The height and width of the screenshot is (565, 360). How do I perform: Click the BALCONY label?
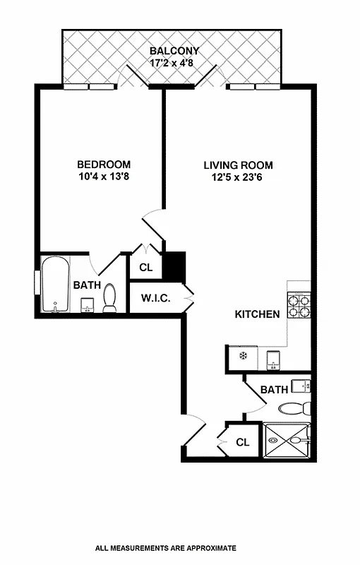(174, 51)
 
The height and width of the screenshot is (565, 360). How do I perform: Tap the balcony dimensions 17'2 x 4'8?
(174, 62)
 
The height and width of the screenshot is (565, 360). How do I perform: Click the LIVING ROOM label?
(238, 165)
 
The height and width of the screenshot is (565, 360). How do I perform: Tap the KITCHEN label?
(257, 314)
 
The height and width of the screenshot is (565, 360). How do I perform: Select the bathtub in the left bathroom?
(54, 285)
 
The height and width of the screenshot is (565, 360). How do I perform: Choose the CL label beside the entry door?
(242, 443)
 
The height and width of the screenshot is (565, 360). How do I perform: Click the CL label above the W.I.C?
(145, 268)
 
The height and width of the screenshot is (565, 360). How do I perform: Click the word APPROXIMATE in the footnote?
(206, 547)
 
